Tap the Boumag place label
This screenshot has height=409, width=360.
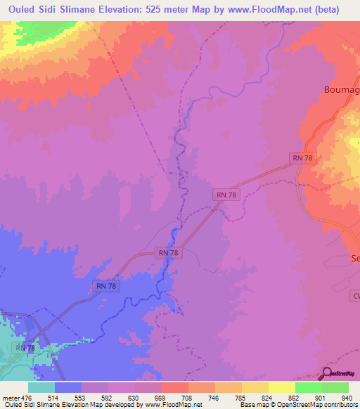click(x=341, y=89)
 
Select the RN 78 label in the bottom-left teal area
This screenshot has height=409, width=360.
click(x=25, y=348)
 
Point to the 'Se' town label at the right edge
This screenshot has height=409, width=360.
click(x=354, y=259)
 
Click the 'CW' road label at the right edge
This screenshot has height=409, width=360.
click(x=355, y=297)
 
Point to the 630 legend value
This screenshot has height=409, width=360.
click(x=122, y=397)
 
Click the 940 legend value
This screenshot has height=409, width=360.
click(x=345, y=397)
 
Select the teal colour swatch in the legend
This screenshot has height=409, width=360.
click(x=41, y=387)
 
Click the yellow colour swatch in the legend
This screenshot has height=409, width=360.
click(x=281, y=387)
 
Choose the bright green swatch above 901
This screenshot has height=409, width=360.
click(x=308, y=387)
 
